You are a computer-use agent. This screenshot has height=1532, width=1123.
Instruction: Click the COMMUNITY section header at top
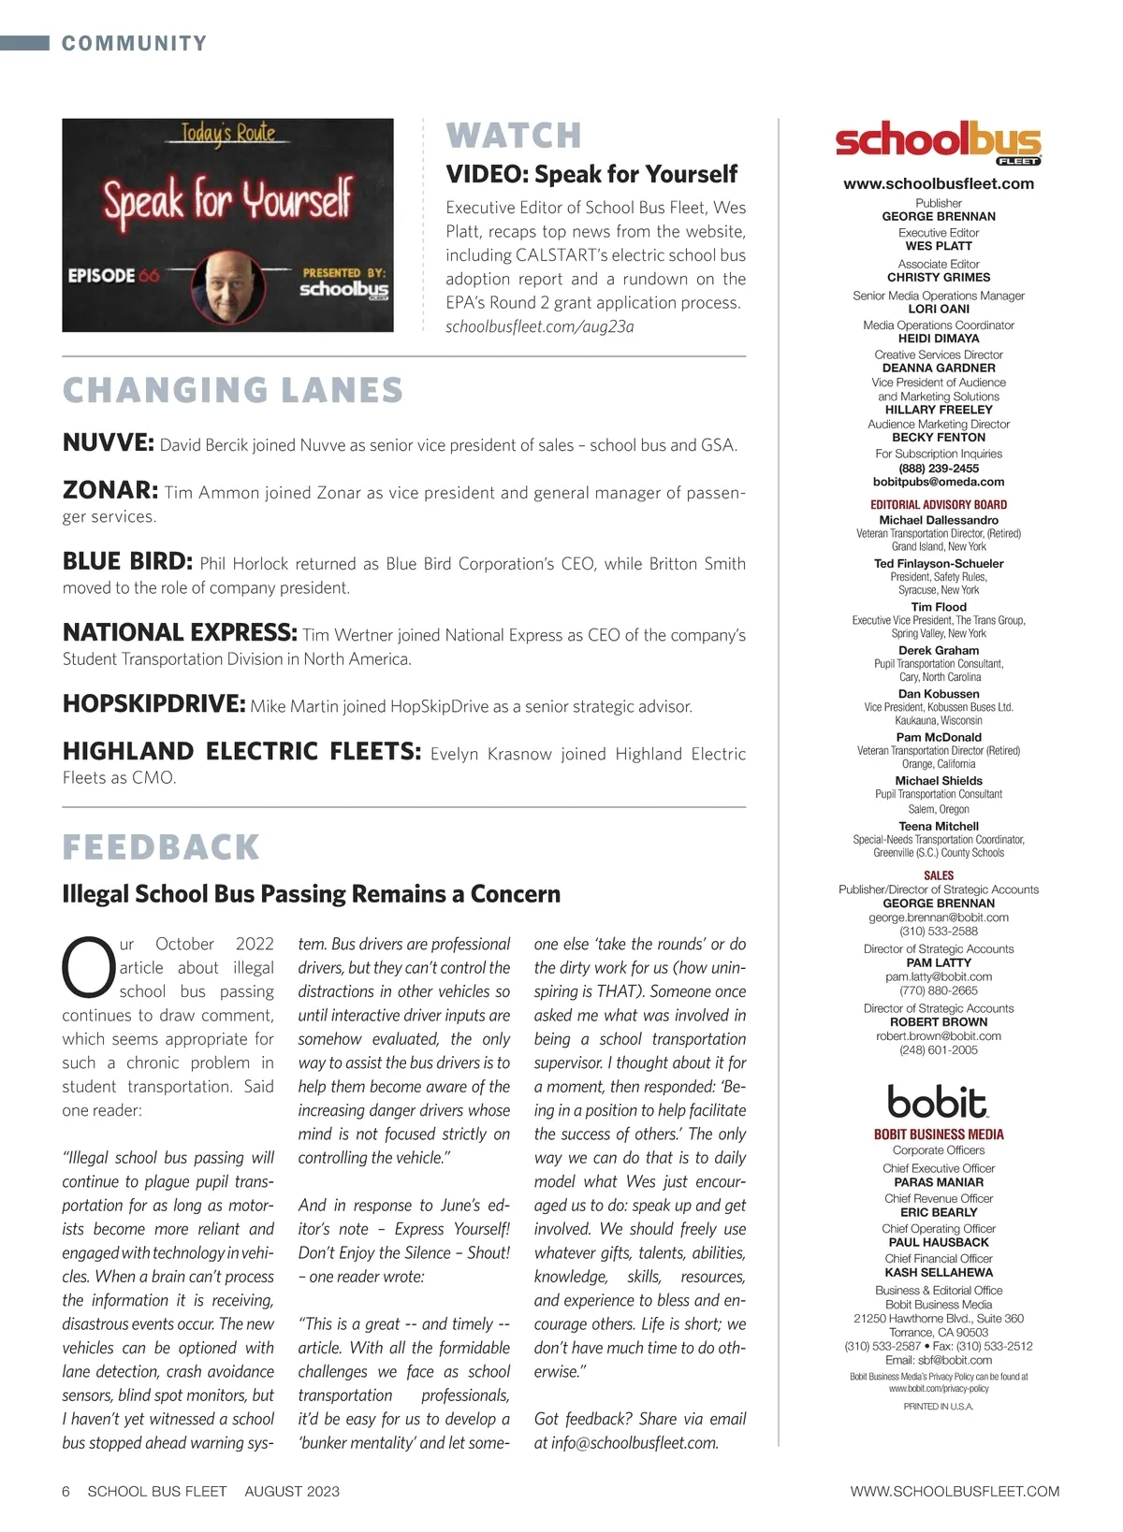(134, 44)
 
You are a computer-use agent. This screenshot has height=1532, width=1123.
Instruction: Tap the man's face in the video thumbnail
(228, 285)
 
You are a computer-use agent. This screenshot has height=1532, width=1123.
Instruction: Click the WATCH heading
(514, 137)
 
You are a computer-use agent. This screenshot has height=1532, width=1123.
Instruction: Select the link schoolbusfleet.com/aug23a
(539, 326)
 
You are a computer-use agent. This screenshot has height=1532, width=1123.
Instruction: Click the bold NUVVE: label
(108, 443)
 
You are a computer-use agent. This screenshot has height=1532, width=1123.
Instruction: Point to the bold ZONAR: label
(109, 490)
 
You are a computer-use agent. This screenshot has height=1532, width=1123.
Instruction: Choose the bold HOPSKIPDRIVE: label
(153, 704)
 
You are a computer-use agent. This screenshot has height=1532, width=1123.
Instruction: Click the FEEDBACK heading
(161, 847)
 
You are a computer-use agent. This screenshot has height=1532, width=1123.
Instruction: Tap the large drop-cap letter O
(89, 968)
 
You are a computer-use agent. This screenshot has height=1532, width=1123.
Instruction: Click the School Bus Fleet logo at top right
(938, 143)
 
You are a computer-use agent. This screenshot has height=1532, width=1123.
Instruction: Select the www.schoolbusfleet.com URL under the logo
(939, 184)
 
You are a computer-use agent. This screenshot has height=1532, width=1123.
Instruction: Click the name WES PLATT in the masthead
(939, 246)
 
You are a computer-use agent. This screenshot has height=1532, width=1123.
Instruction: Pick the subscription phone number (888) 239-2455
(939, 469)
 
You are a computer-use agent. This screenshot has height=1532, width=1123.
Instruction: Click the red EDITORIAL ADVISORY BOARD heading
(939, 505)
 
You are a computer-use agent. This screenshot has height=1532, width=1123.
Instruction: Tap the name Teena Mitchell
(939, 826)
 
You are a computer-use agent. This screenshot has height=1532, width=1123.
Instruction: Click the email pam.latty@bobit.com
(939, 976)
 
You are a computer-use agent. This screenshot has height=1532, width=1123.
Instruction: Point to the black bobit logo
(937, 1102)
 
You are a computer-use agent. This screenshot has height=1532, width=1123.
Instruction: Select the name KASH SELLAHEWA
(939, 1273)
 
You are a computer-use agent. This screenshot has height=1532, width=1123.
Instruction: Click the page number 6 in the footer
(66, 1492)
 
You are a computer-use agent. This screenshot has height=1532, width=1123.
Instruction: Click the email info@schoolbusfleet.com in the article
(634, 1443)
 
